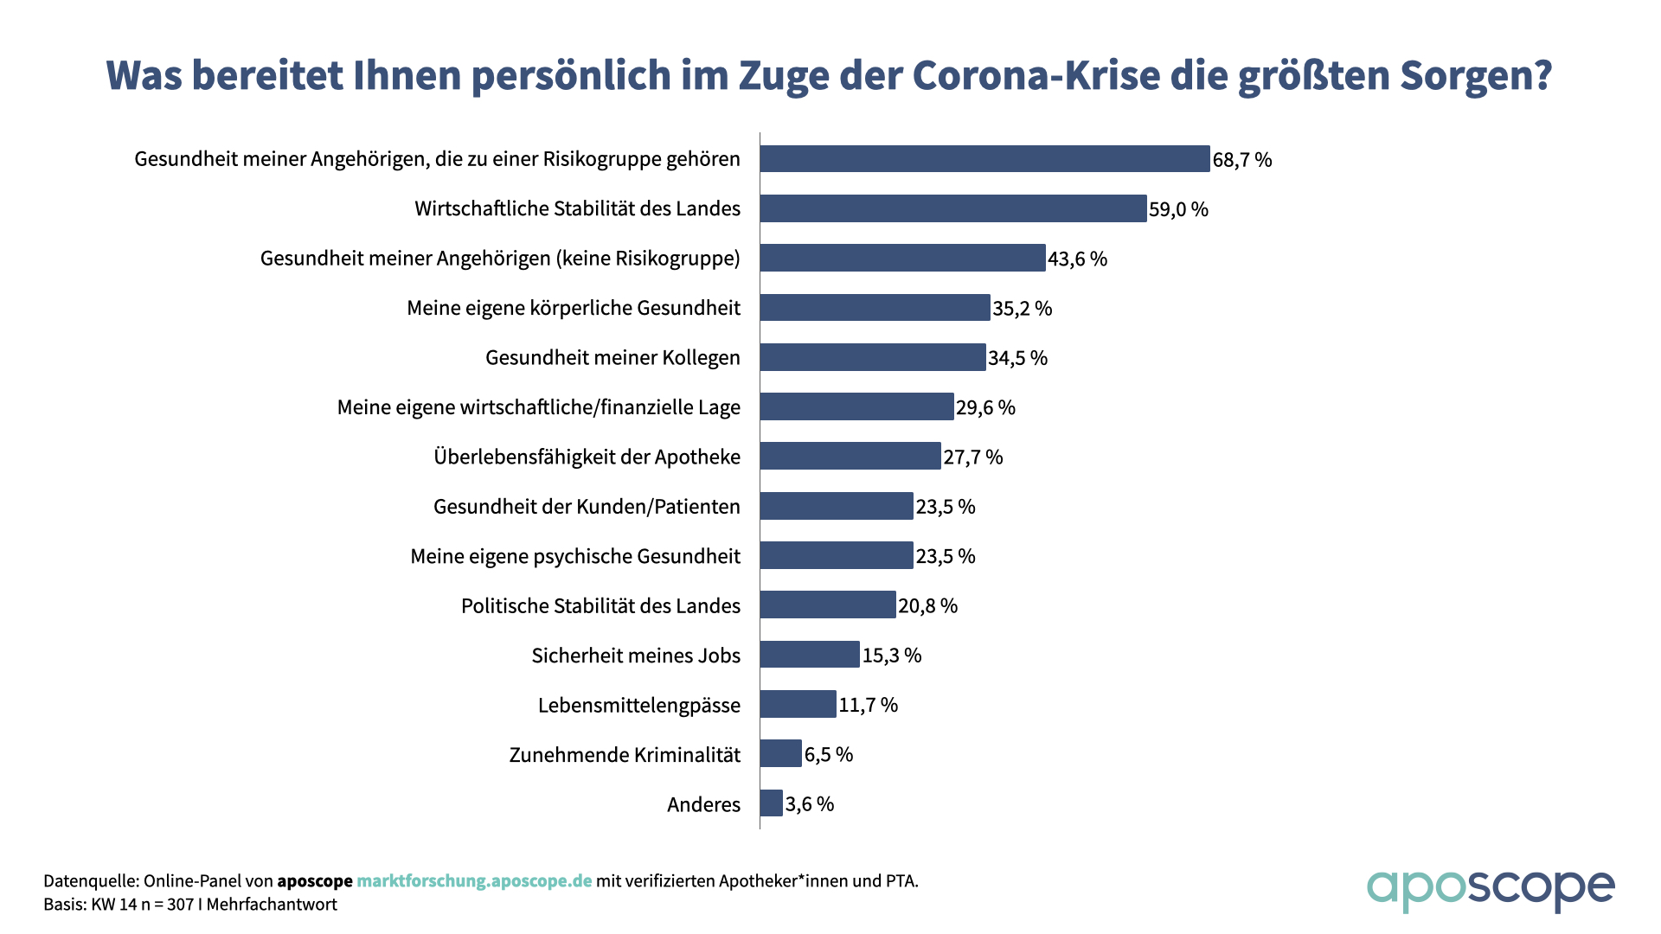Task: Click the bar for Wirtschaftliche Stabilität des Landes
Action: pos(953,208)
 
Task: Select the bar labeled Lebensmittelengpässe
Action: pos(798,704)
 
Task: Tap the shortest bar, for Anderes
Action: pos(772,803)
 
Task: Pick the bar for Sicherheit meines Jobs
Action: pos(810,655)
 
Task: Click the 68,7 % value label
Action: pos(1242,160)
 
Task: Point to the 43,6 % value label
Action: pos(1077,259)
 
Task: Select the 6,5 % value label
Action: pos(829,754)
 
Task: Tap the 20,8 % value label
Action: pos(927,605)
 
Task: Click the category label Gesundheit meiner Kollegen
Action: pos(612,358)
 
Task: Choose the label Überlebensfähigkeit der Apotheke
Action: pos(587,457)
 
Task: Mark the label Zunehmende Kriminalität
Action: pos(625,755)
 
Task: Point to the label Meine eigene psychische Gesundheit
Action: pos(575,556)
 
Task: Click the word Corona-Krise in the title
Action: pos(1036,76)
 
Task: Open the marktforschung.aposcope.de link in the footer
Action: pos(474,881)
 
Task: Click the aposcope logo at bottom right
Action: pos(1490,889)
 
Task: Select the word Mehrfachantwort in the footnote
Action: pos(272,905)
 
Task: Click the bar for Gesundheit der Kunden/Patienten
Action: pos(837,506)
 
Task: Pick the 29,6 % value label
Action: pos(985,407)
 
